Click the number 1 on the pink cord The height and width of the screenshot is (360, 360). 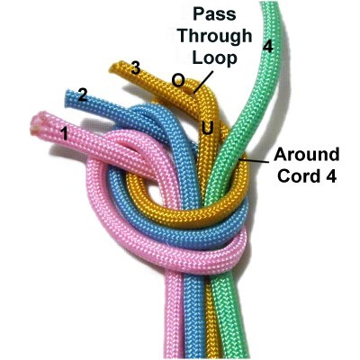64,134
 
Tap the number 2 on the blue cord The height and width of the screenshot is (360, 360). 83,95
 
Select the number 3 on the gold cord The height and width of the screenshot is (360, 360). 136,68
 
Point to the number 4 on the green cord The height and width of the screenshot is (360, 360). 268,46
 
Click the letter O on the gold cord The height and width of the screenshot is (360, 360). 178,80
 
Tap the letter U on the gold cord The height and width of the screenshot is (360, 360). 208,129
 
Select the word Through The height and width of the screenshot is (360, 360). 215,37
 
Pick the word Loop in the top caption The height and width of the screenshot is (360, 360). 214,58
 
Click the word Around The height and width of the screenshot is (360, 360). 306,155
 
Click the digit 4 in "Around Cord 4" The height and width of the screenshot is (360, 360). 331,176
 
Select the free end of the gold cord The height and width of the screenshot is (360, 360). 113,67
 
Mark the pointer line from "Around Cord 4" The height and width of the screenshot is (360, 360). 254,160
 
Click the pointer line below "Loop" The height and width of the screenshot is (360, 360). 203,82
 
